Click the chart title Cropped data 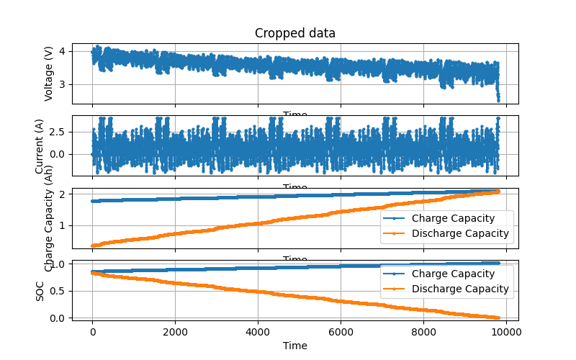point(295,33)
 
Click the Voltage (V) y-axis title point(49,73)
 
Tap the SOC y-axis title point(40,290)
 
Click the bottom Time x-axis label point(295,346)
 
